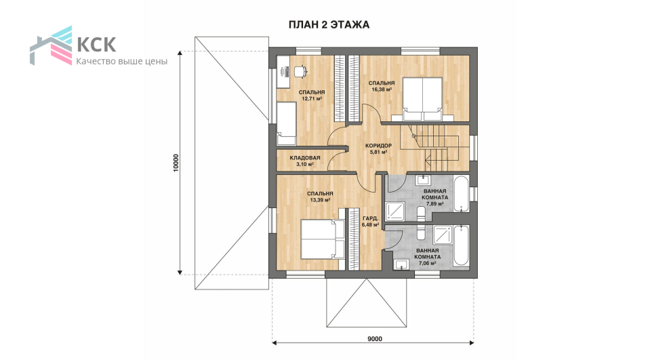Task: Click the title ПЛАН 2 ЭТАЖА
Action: click(x=329, y=24)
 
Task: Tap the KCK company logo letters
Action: click(x=96, y=45)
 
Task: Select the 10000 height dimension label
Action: click(x=176, y=163)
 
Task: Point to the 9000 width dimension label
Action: click(x=374, y=339)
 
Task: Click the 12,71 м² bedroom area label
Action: click(x=312, y=99)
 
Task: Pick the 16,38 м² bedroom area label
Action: click(x=382, y=89)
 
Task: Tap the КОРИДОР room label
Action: click(x=379, y=146)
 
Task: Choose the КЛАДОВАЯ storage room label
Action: click(x=305, y=158)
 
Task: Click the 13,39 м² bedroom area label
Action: click(x=320, y=200)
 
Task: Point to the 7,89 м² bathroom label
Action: click(x=435, y=203)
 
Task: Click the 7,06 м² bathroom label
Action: click(x=428, y=263)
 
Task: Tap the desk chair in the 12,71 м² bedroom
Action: click(x=300, y=71)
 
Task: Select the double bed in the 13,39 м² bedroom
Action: click(x=323, y=239)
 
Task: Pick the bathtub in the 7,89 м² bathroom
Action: click(x=461, y=194)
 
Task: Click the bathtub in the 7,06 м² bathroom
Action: click(x=461, y=245)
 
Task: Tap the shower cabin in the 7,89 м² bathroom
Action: click(x=395, y=211)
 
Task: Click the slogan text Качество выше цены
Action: click(x=122, y=62)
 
